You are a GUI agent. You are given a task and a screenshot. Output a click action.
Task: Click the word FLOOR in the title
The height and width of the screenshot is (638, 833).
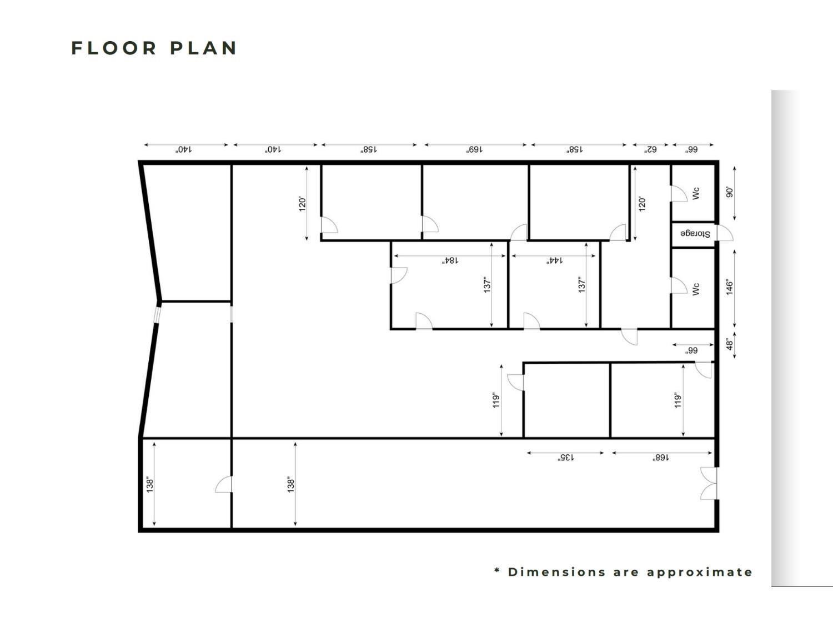(114, 48)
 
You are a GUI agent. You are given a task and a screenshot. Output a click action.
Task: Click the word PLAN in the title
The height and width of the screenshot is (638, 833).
(204, 48)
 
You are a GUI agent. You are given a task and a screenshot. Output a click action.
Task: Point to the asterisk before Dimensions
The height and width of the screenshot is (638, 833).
(497, 571)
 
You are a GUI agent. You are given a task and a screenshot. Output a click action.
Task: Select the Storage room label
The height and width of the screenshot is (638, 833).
(695, 234)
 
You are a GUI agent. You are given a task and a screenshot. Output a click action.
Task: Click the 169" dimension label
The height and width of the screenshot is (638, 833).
(475, 149)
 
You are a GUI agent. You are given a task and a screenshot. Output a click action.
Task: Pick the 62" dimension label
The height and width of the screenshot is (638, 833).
(650, 149)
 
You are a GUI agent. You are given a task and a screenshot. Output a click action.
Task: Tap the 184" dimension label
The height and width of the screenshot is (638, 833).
(450, 260)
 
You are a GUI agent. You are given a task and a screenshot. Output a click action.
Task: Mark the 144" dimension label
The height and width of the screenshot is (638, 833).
(554, 260)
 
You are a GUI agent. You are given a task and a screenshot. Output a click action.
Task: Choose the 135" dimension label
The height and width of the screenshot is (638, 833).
(566, 458)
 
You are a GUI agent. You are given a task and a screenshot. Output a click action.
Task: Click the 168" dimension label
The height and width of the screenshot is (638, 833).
(661, 458)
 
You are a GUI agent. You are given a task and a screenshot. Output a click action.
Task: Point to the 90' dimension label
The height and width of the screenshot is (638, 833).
(730, 192)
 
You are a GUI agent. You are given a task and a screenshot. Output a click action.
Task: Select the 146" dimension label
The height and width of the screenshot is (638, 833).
(730, 288)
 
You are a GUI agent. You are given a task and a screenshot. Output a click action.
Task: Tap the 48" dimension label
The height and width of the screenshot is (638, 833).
(730, 344)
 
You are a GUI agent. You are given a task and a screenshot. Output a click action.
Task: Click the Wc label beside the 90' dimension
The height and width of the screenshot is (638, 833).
(696, 193)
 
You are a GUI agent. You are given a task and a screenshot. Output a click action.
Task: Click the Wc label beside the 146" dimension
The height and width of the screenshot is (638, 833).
(696, 289)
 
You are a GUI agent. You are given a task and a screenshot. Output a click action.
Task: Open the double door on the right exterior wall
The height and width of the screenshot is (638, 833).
(709, 483)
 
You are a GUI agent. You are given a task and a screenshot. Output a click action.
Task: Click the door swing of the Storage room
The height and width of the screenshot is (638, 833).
(724, 234)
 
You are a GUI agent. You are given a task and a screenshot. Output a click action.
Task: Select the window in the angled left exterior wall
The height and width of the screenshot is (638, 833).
(157, 314)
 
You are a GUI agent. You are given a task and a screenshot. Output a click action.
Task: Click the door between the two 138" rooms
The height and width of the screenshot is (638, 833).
(224, 484)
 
